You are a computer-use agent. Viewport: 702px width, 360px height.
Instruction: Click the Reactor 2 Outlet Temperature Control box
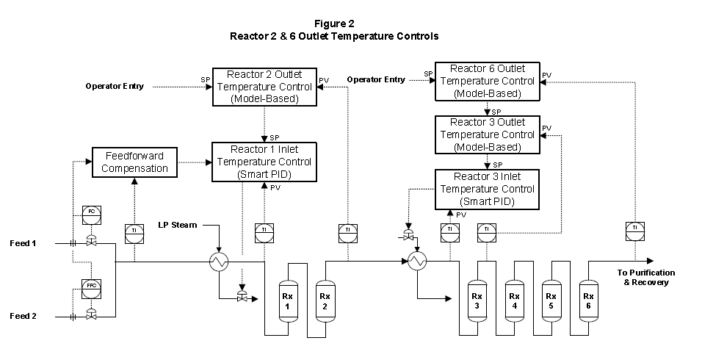pyautogui.click(x=263, y=87)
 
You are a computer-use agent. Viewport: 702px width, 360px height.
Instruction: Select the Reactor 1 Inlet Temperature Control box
pyautogui.click(x=263, y=162)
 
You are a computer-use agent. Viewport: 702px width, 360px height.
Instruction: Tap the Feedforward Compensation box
pyautogui.click(x=134, y=162)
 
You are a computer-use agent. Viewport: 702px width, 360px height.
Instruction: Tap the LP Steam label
pyautogui.click(x=177, y=224)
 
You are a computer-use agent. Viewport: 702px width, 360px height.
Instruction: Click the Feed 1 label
pyautogui.click(x=24, y=242)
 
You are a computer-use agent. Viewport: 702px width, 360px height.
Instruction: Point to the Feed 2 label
pyautogui.click(x=24, y=316)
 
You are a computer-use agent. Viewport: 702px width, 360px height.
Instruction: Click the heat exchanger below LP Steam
pyautogui.click(x=219, y=261)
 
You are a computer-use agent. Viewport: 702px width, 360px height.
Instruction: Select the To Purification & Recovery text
pyautogui.click(x=645, y=278)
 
